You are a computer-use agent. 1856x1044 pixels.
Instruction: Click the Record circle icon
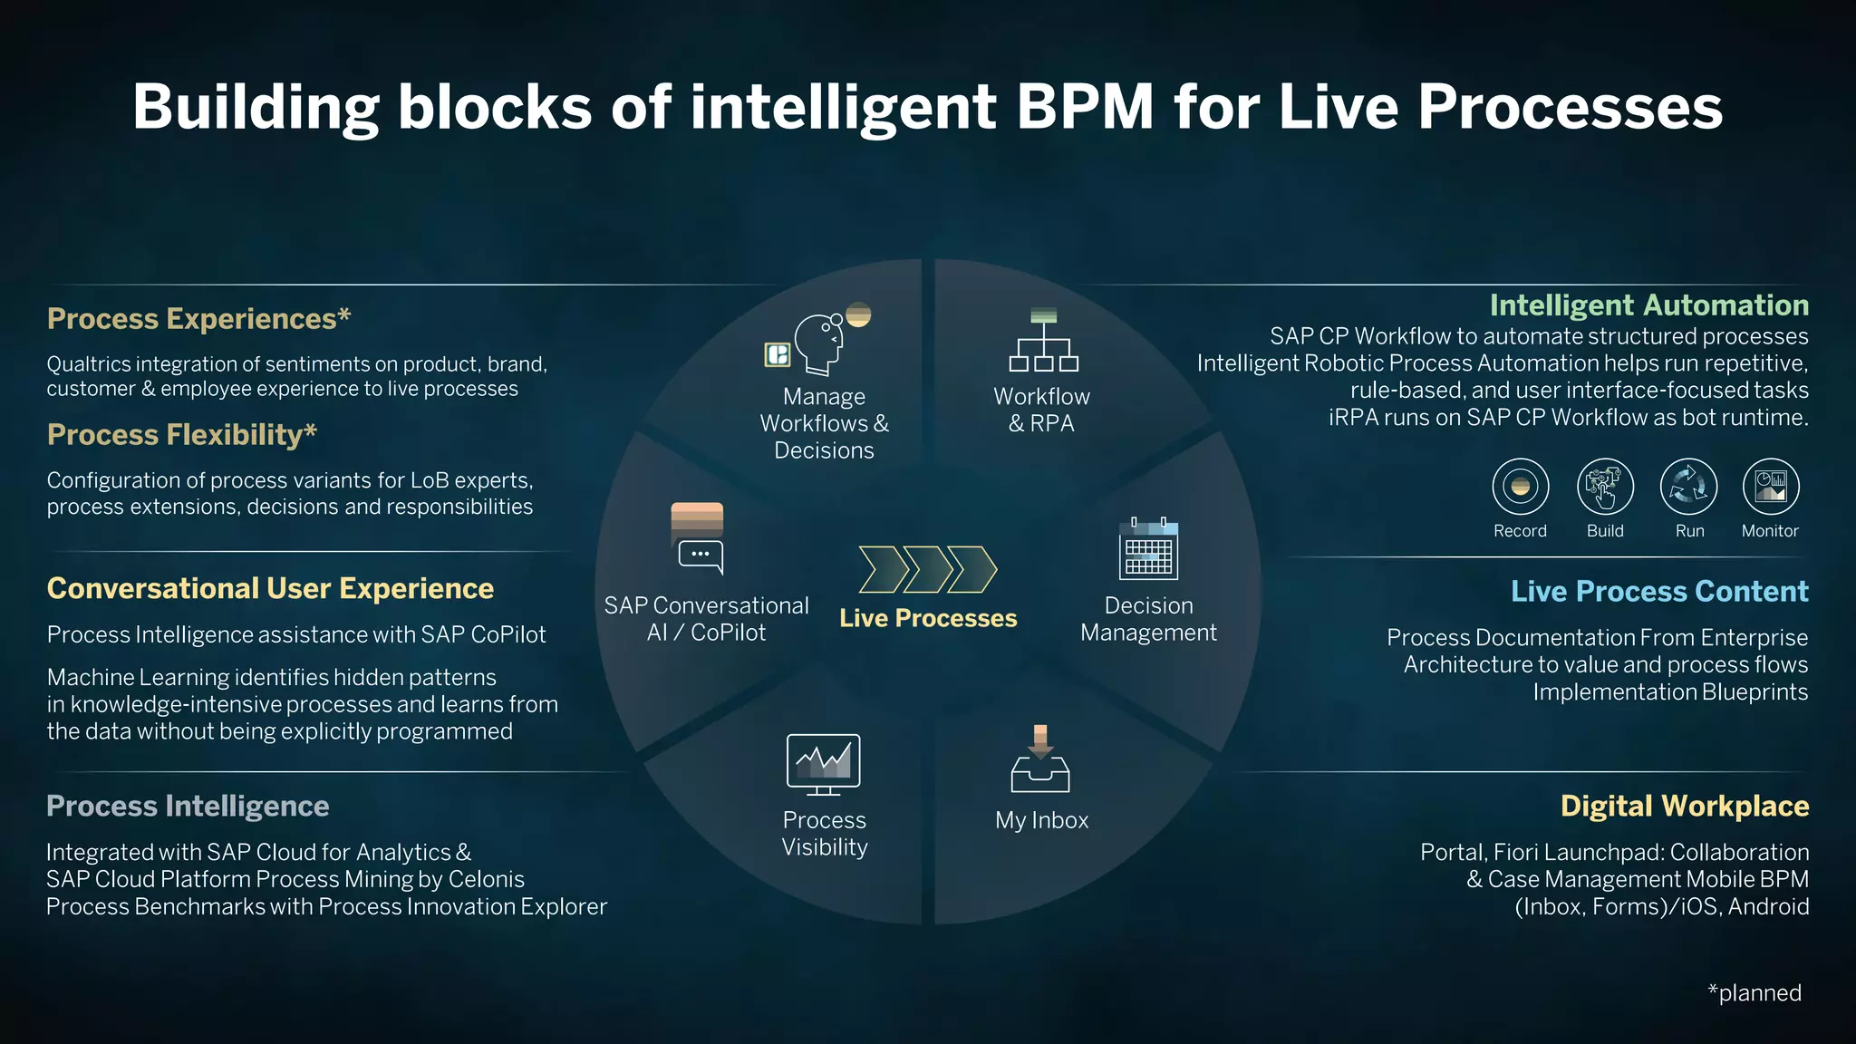click(1520, 487)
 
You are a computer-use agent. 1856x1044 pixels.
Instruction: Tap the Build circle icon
click(1605, 487)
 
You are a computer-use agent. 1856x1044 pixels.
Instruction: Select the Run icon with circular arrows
click(1688, 487)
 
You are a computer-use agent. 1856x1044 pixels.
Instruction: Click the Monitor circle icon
click(1770, 487)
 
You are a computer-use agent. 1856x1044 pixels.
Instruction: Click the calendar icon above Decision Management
click(1148, 550)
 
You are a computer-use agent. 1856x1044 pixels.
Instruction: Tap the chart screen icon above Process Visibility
click(823, 764)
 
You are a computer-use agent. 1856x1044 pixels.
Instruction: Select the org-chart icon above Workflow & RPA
click(1043, 342)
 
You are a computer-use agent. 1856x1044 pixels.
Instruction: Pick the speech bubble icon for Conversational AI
click(701, 555)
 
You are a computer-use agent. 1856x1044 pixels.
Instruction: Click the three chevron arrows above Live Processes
click(927, 569)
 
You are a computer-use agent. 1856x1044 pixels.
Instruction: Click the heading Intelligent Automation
click(1648, 305)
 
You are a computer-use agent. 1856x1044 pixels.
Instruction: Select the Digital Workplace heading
click(1684, 806)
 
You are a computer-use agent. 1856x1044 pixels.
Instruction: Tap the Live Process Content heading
click(1658, 591)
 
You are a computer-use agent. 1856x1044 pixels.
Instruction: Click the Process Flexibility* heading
click(181, 435)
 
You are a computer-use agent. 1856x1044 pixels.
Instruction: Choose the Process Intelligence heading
click(188, 806)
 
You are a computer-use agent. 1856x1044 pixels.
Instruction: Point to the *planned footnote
click(1754, 993)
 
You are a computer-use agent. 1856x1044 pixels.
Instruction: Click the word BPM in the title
click(1085, 107)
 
